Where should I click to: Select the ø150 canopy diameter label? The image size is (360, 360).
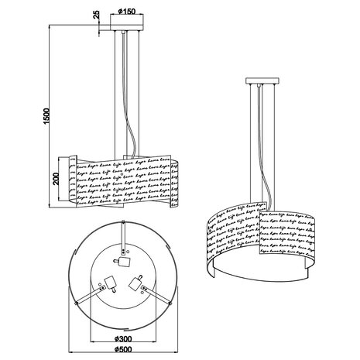[x=129, y=12]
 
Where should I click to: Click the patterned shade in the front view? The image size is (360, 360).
[x=124, y=183]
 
